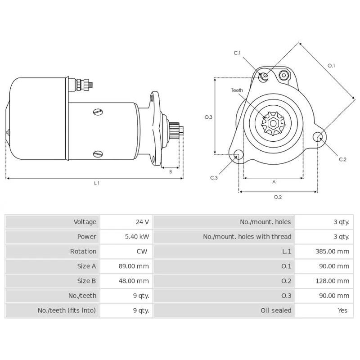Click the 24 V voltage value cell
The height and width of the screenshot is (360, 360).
coord(142,222)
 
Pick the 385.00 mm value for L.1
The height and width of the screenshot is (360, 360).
coord(333,252)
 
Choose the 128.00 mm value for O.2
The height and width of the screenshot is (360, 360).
coord(333,281)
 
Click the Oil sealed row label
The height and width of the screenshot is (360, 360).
coord(275,310)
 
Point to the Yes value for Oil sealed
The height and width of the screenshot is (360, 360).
coord(342,310)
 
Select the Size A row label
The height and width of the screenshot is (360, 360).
coord(86,266)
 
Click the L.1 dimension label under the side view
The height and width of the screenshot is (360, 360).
coord(97,183)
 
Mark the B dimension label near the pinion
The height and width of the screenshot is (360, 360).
coord(171,171)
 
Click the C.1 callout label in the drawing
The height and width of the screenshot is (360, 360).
coord(237,53)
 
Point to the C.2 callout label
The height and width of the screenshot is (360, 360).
coord(342,159)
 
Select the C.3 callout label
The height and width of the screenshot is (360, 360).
coord(214,178)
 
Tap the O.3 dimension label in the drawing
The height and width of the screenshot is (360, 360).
coord(208,117)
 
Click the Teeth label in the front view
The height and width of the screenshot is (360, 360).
coord(237,90)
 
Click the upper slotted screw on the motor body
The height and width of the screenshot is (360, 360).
coord(99,112)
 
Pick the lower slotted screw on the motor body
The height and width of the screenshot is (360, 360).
coord(99,154)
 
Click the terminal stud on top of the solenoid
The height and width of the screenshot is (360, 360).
coord(85,84)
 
